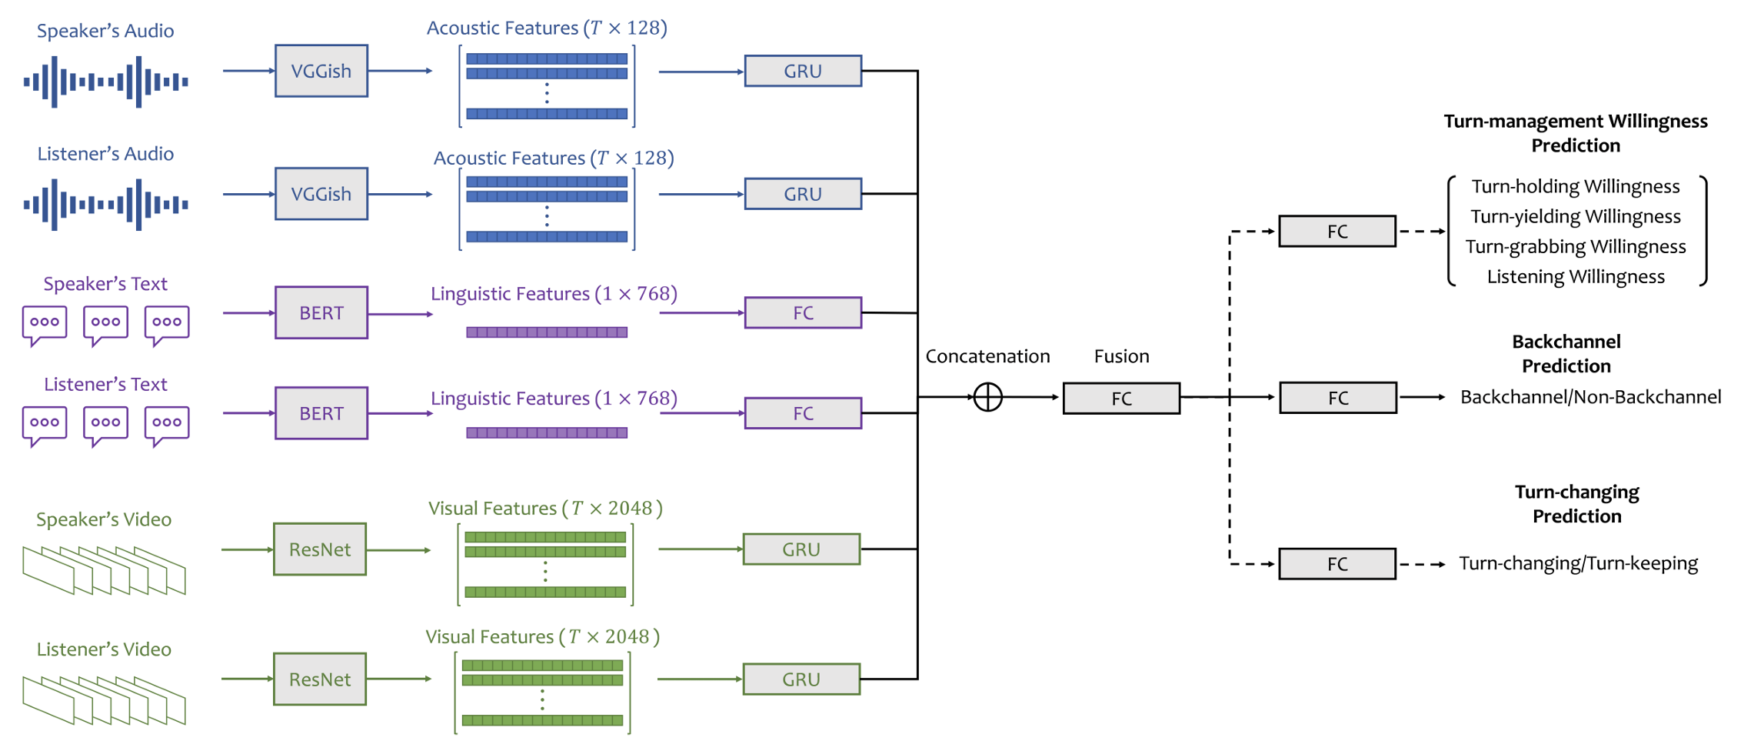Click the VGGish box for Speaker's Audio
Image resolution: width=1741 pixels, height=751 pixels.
tap(321, 71)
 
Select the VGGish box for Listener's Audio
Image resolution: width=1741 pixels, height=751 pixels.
tap(321, 194)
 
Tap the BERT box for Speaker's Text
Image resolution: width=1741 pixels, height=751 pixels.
tap(321, 312)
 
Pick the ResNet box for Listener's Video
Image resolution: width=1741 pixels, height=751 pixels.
tap(319, 679)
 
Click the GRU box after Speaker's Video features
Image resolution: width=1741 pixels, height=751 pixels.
tap(801, 549)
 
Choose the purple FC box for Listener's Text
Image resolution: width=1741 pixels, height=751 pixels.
tap(803, 413)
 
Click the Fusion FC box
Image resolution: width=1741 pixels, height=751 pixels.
tap(1121, 398)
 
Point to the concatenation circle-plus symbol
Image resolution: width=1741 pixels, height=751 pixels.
tap(987, 397)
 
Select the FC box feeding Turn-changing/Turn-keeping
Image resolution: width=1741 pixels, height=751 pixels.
tap(1337, 564)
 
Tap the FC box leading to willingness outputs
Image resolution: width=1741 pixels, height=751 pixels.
tap(1337, 231)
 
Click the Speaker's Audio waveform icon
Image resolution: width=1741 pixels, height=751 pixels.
tap(106, 81)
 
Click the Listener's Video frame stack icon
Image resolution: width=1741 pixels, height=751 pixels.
tap(104, 700)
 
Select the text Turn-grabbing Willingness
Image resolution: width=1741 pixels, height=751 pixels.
tap(1575, 246)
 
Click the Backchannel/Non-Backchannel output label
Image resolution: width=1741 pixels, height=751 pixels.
tap(1590, 397)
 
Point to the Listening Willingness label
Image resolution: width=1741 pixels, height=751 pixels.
tap(1575, 276)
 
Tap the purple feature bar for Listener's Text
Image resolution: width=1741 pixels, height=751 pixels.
tap(547, 433)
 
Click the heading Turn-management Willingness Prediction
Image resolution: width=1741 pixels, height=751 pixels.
tap(1575, 133)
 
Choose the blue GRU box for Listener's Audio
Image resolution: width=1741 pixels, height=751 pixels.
tap(803, 194)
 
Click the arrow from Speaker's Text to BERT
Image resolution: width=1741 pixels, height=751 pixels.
tap(248, 312)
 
